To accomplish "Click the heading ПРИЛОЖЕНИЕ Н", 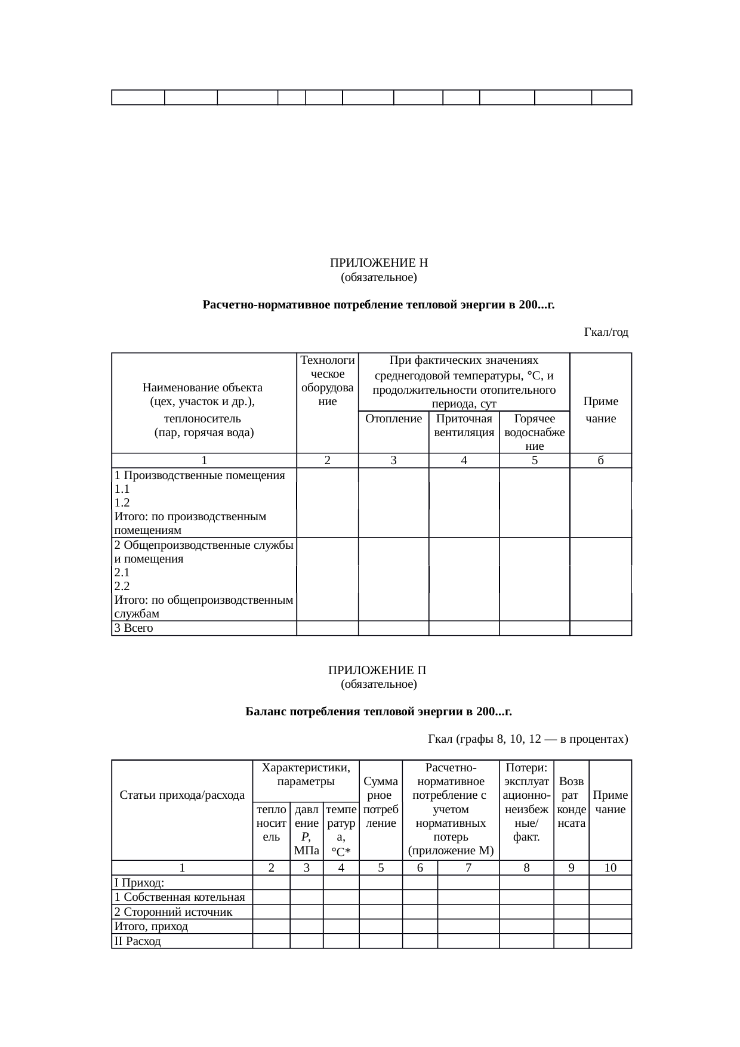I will [378, 263].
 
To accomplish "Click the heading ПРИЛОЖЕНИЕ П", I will [378, 670].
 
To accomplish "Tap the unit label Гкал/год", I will [606, 332].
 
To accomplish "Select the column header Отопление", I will [393, 419].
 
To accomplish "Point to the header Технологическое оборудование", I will [327, 381].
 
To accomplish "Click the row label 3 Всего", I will [134, 628].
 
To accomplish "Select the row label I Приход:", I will [139, 883].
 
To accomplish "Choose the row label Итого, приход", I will [151, 926].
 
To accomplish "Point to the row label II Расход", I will [137, 941].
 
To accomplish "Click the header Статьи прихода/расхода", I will [182, 795].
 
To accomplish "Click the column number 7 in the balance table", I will [468, 868].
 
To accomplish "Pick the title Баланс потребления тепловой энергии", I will [378, 712].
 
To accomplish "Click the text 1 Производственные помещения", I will [199, 475].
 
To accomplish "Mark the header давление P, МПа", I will [307, 830].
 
